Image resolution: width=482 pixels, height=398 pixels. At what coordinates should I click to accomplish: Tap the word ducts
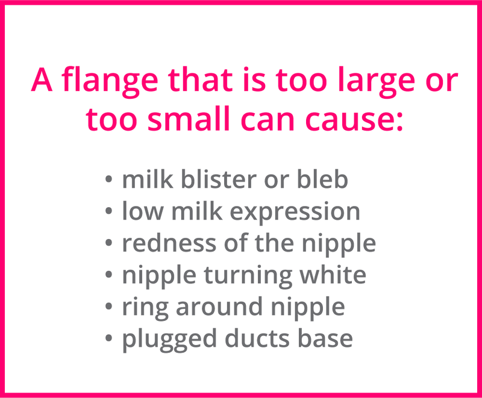click(249, 338)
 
